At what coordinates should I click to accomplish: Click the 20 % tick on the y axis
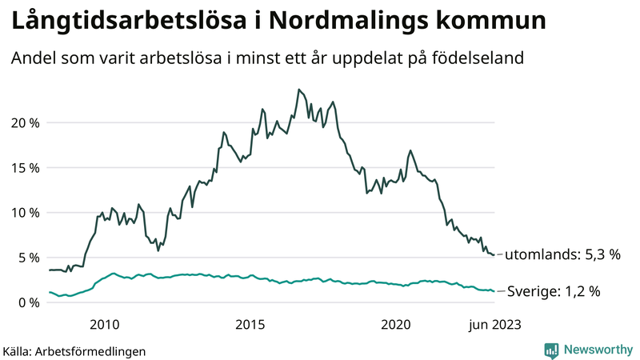(x=25, y=122)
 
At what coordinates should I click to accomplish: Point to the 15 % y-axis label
(x=25, y=167)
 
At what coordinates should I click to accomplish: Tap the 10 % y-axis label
(x=25, y=212)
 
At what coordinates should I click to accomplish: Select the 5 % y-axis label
(x=28, y=258)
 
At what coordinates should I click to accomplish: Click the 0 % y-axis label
(x=28, y=302)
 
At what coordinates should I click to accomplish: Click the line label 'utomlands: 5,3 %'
(x=564, y=254)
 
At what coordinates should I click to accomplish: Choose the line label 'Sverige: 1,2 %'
(x=554, y=292)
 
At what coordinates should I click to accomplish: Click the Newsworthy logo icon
(x=551, y=350)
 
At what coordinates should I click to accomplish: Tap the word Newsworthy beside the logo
(x=596, y=350)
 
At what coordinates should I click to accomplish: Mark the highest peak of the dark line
(x=298, y=90)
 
